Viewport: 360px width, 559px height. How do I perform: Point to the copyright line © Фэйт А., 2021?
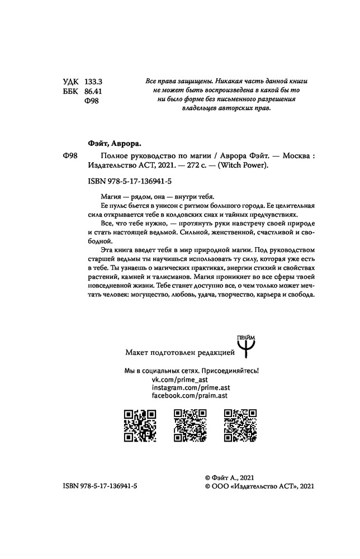(230, 478)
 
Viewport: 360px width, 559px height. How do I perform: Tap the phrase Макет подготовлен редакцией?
(176, 352)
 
